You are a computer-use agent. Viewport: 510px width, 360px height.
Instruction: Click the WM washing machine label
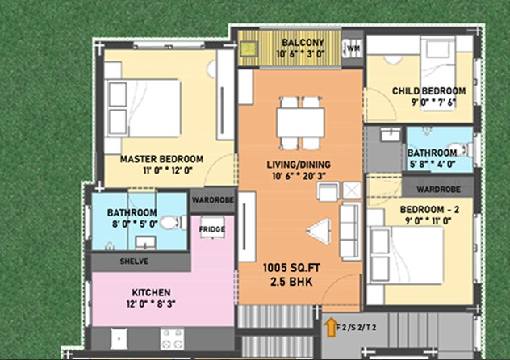pos(353,48)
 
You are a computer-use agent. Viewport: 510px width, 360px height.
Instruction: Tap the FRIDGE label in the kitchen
pos(211,229)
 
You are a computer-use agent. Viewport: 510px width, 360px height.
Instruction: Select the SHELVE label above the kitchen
pos(134,262)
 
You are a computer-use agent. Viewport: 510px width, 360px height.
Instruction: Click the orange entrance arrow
pos(331,327)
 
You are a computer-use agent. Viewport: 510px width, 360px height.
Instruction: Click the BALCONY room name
pos(303,43)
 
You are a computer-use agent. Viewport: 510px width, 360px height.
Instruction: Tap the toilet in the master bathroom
pos(173,223)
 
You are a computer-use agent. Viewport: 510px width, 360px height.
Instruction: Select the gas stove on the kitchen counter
pos(172,339)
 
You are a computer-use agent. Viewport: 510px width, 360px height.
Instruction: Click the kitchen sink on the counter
pos(119,338)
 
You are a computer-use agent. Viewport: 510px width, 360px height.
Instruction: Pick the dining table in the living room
pos(300,123)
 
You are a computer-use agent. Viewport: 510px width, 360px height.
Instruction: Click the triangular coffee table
pos(319,231)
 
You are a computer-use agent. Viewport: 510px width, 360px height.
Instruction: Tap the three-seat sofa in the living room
pos(350,231)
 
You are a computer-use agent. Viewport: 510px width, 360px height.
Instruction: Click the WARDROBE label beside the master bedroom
pos(213,199)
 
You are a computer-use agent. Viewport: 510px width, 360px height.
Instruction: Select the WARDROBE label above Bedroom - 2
pos(438,189)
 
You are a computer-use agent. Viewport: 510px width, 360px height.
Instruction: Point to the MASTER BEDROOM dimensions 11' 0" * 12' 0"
pos(168,170)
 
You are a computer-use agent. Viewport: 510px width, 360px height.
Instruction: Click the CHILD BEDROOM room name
pos(428,91)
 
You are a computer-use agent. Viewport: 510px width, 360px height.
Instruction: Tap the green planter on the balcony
pos(249,49)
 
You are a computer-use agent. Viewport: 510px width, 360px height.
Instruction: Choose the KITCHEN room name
pos(151,292)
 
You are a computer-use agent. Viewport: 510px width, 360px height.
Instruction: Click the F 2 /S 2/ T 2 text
pos(356,327)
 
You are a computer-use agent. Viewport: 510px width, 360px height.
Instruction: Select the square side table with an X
pos(352,190)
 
